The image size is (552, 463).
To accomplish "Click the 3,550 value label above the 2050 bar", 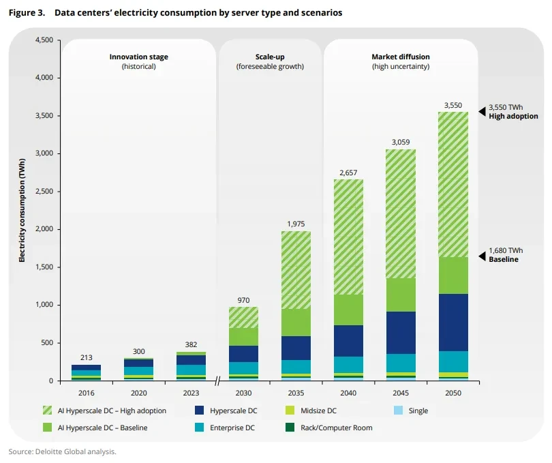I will coord(453,105).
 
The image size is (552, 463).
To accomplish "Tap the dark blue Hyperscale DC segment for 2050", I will coord(453,322).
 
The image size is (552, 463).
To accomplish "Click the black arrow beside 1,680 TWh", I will coord(482,255).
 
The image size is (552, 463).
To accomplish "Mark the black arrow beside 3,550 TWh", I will coord(482,110).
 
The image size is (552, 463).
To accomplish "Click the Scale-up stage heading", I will coord(270,57).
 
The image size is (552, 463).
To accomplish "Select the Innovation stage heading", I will coord(138,57).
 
